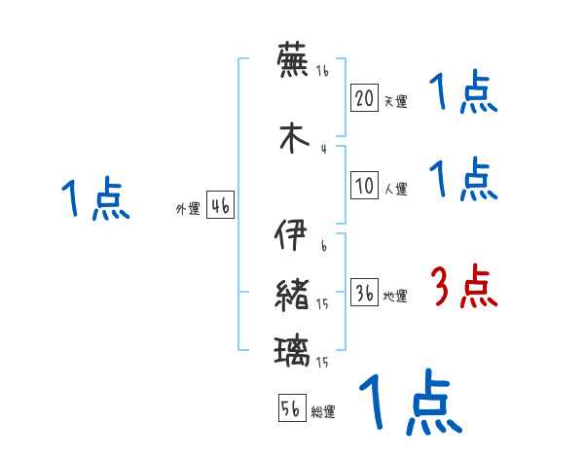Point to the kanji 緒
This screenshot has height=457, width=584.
pyautogui.click(x=293, y=295)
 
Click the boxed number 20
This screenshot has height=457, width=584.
pyautogui.click(x=364, y=97)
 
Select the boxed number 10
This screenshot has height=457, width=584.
pyautogui.click(x=364, y=187)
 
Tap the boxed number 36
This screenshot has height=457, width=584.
pyautogui.click(x=364, y=294)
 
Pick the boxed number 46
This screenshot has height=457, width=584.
pyautogui.click(x=220, y=206)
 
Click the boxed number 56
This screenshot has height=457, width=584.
pyautogui.click(x=291, y=408)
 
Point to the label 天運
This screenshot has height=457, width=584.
pyautogui.click(x=395, y=100)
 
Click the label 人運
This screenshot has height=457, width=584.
pyautogui.click(x=395, y=190)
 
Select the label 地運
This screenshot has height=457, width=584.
pyautogui.click(x=395, y=297)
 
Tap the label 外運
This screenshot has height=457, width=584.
pyautogui.click(x=187, y=209)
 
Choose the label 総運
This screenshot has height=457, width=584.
pyautogui.click(x=323, y=412)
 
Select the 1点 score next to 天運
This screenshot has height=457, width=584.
pyautogui.click(x=463, y=94)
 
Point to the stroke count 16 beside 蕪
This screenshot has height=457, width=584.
pyautogui.click(x=322, y=71)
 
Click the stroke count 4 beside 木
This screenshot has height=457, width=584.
pyautogui.click(x=322, y=149)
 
